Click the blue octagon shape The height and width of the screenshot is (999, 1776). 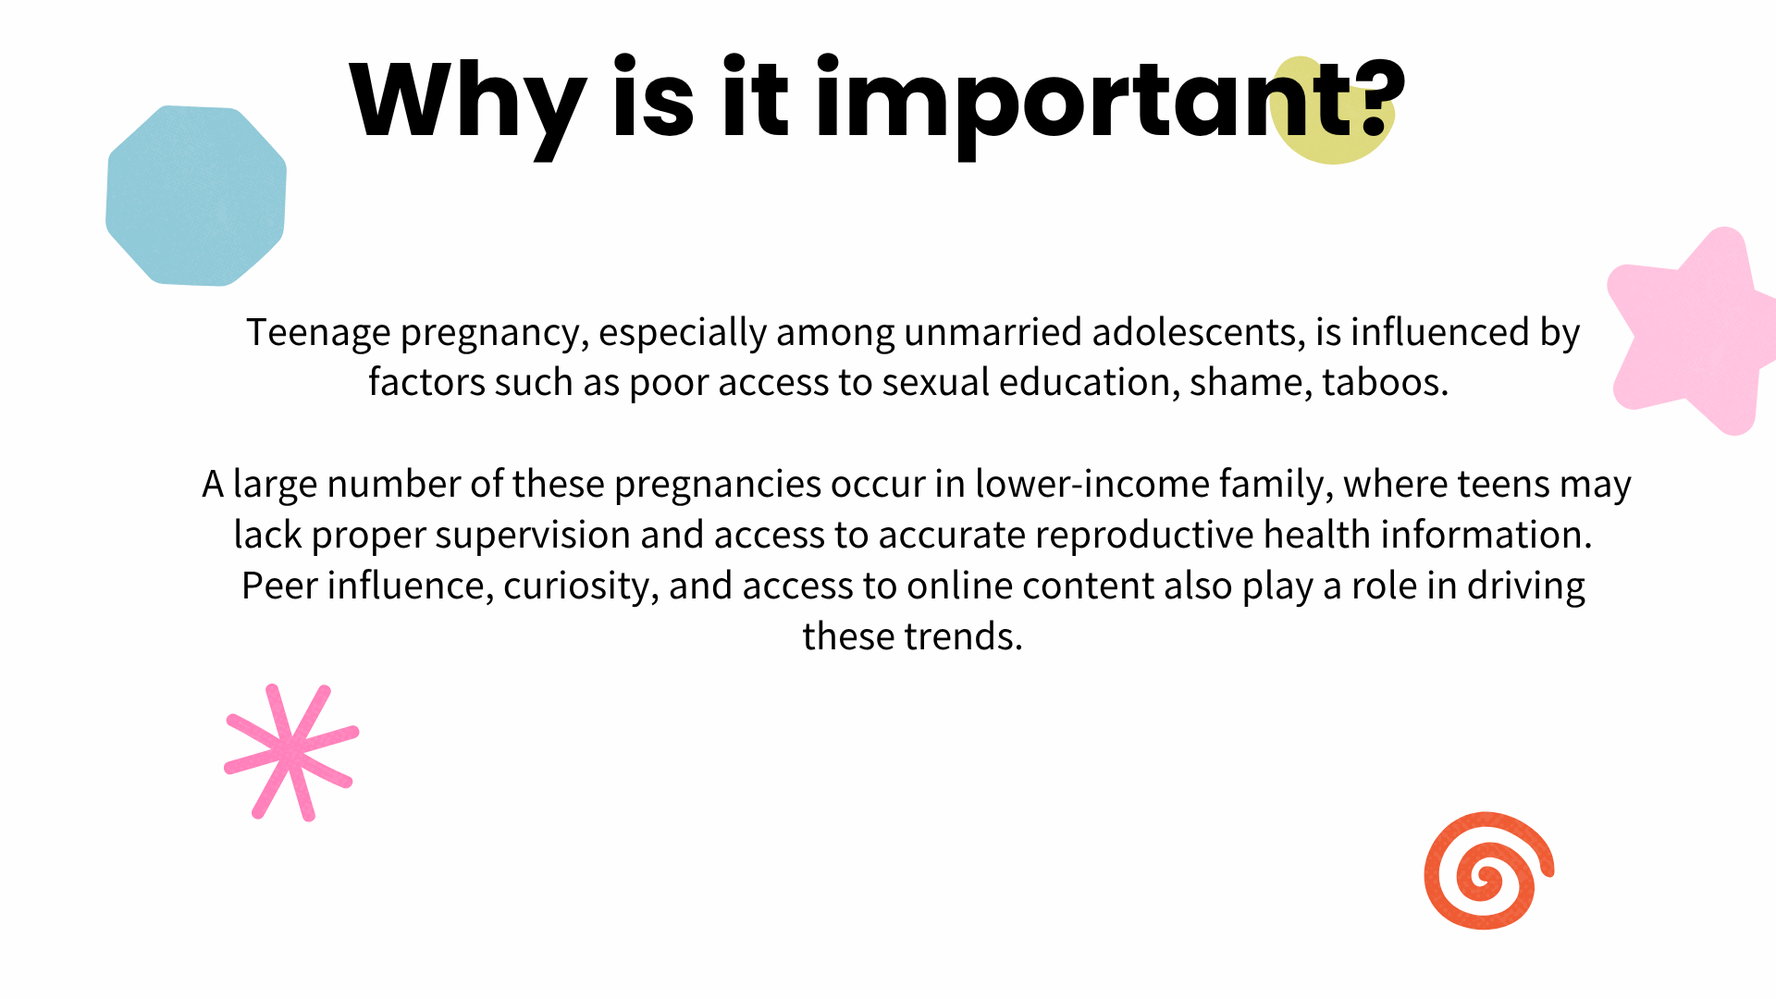(196, 195)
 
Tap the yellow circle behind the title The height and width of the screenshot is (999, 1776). (1331, 110)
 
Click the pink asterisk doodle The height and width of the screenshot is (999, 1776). (291, 752)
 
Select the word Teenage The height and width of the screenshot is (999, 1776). (318, 333)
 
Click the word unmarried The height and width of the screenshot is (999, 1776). (993, 332)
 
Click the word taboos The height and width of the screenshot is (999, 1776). (1385, 382)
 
